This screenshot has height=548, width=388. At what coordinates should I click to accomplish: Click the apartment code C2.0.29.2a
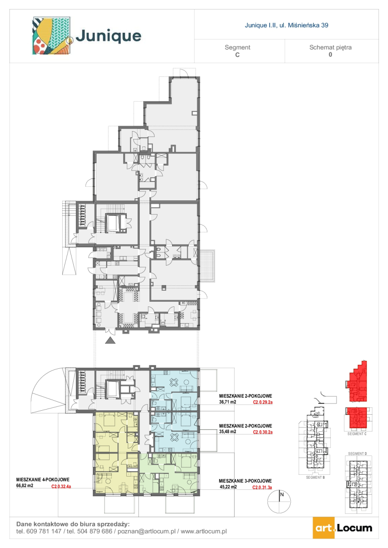coord(263,402)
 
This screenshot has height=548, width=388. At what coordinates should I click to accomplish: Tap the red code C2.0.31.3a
coord(262,488)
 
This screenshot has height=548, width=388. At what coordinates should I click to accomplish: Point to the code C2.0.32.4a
coord(61,486)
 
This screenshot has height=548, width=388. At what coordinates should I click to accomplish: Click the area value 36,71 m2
coord(228,402)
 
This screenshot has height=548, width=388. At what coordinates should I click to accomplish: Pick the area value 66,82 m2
coord(25,486)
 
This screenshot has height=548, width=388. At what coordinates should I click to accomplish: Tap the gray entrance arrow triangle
coord(110,340)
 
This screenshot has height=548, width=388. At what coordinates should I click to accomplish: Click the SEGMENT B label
coord(315,477)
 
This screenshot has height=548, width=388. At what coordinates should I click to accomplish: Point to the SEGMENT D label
coord(357,454)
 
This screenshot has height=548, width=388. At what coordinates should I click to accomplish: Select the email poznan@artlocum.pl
coord(146,531)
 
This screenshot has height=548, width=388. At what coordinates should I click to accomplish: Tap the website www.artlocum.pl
coord(203,531)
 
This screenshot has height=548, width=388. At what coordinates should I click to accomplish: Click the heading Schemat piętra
coord(330,47)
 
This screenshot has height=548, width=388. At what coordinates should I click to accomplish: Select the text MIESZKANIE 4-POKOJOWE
coord(43,480)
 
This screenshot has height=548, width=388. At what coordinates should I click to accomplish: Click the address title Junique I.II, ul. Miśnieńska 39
coord(286,25)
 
